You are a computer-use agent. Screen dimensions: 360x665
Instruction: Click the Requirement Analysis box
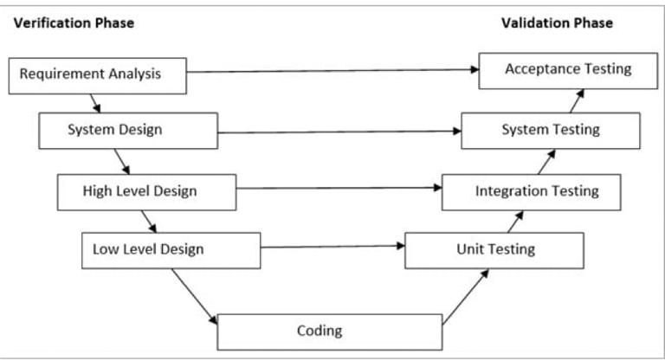[97, 74]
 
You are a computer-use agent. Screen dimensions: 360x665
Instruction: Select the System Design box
[128, 131]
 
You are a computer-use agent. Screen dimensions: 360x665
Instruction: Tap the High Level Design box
[146, 190]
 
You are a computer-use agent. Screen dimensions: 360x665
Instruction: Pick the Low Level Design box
[171, 250]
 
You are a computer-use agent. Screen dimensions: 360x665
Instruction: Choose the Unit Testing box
[494, 250]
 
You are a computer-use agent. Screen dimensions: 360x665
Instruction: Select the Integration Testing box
[531, 191]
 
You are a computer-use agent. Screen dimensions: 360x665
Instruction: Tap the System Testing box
[551, 131]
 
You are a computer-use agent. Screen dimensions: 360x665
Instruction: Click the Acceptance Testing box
[567, 69]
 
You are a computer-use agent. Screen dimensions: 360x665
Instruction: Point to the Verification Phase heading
[74, 23]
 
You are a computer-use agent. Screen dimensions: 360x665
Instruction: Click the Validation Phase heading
[557, 23]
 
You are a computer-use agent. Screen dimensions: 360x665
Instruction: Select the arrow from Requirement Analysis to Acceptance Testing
[332, 71]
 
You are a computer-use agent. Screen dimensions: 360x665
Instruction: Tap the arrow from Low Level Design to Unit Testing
[332, 247]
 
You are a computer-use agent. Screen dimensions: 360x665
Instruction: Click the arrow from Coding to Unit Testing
[465, 297]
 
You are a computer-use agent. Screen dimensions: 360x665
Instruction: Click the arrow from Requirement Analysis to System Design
[97, 103]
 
